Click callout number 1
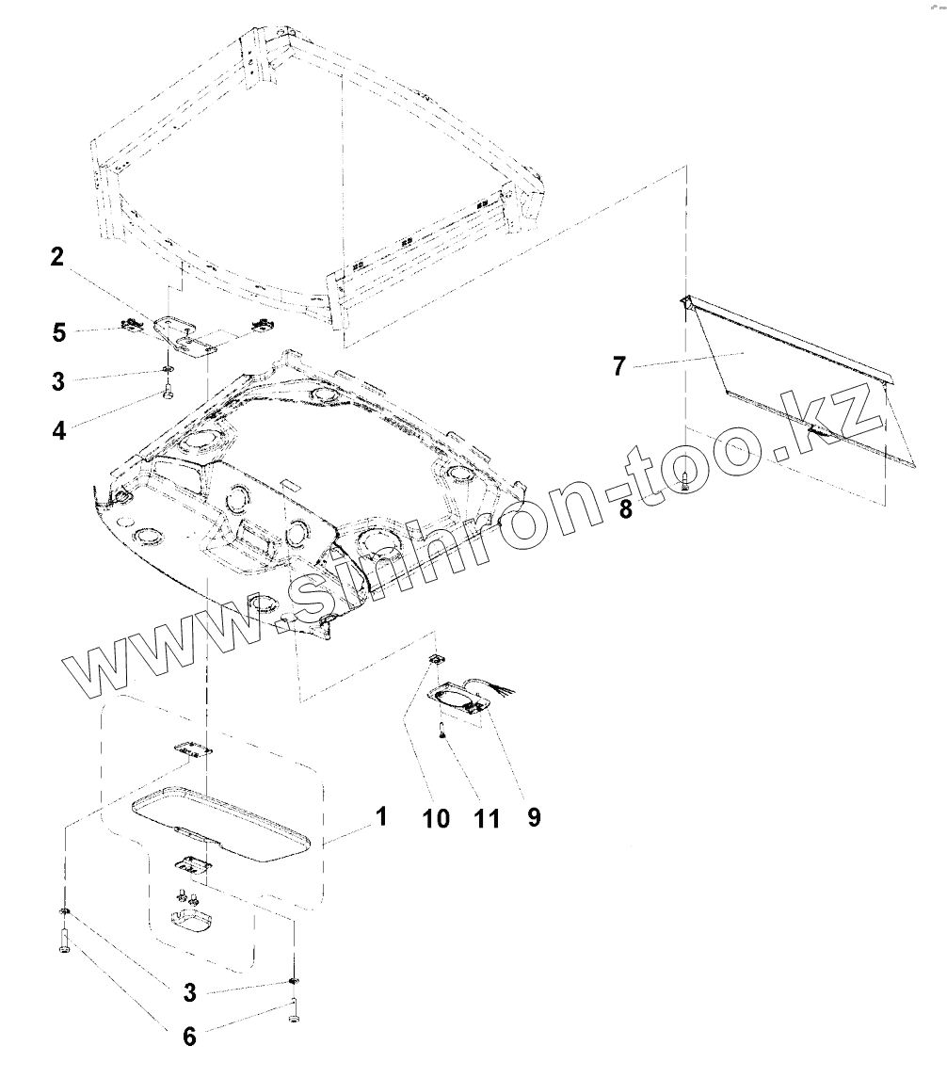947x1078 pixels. tap(380, 815)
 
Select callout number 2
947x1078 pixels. tap(57, 257)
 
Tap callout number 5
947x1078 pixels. tap(58, 331)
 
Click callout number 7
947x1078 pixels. tap(618, 365)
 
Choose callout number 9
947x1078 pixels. tap(534, 817)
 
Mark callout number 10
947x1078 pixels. tap(436, 817)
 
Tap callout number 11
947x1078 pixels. tap(486, 817)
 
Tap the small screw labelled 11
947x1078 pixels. tap(440, 729)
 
